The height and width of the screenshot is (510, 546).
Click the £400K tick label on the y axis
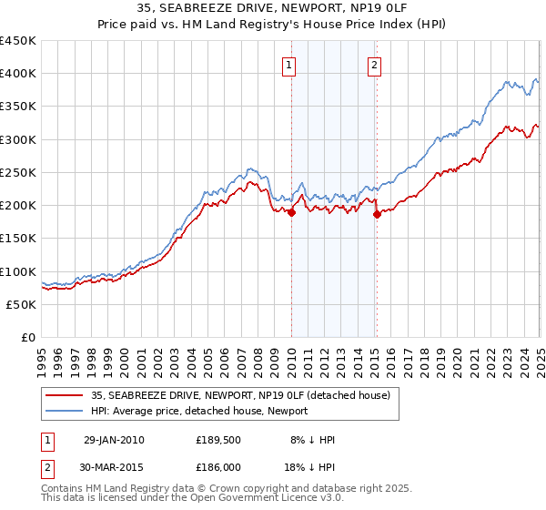18,74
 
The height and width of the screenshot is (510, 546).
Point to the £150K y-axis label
18,238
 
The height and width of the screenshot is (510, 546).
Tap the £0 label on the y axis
29,337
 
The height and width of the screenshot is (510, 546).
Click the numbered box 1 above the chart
288,65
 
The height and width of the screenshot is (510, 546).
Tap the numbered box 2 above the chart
374,65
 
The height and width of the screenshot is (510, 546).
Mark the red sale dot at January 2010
292,213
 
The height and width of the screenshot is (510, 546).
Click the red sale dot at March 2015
378,215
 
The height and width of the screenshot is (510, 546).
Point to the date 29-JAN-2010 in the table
114,440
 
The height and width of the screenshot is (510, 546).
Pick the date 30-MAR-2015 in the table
115,465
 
